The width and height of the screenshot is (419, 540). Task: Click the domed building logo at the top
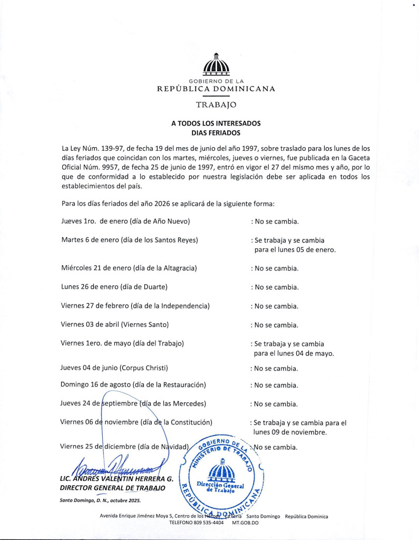216,66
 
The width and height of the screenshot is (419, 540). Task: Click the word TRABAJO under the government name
216,104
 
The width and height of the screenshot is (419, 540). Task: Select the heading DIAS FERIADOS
216,133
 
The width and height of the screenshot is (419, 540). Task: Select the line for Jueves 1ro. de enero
125,221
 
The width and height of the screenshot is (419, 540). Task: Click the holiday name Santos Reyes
173,240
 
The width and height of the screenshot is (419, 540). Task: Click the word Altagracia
177,268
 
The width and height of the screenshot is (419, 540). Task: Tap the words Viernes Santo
144,325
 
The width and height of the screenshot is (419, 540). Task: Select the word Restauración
179,385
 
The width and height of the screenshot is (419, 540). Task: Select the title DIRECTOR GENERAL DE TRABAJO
113,488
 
